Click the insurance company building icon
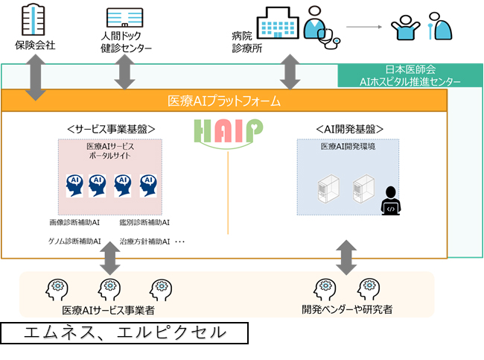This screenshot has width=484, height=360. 34,19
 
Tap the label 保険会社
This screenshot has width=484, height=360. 35,45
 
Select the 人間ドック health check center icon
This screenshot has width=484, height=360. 124,17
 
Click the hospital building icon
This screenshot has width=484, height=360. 278,23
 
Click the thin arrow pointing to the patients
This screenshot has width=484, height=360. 364,27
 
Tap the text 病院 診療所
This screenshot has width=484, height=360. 247,42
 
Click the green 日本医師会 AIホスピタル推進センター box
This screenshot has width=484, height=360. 410,75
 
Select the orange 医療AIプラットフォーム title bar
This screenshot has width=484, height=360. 224,101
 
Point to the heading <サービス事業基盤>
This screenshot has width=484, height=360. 111,129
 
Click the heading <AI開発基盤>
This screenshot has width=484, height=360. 350,129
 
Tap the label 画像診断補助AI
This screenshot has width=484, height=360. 74,222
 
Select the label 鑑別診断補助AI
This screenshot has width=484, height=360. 144,222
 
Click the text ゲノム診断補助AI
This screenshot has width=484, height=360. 74,241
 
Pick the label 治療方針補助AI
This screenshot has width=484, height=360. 144,241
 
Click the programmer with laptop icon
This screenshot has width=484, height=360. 391,200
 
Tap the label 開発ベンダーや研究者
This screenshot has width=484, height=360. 347,309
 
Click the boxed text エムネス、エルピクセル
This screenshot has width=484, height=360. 124,333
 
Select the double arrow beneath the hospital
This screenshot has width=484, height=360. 290,72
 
